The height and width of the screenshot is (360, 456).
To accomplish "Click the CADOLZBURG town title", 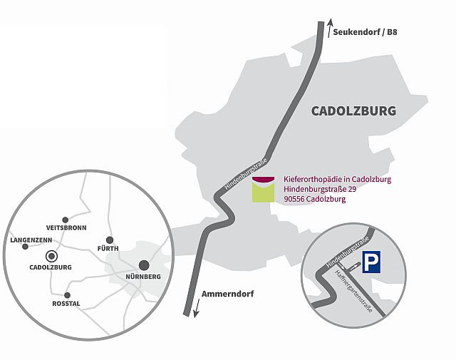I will click(x=353, y=110).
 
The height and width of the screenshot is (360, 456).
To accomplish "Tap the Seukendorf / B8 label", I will click(x=369, y=32).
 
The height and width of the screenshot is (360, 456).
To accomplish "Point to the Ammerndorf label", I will click(x=227, y=294).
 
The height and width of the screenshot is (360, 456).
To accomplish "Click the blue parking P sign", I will click(x=372, y=263).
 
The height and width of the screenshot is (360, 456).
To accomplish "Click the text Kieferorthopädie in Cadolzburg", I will click(x=337, y=179).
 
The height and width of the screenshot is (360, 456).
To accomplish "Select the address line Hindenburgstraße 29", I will click(x=321, y=189).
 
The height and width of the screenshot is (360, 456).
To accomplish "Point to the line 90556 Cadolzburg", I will click(x=314, y=199).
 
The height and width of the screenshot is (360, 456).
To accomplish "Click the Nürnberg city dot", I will click(x=144, y=264).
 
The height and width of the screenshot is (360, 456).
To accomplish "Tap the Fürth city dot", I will click(x=110, y=240).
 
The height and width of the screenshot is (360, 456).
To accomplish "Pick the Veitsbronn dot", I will click(x=66, y=220).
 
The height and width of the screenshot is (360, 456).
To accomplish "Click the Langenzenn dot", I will click(x=26, y=247).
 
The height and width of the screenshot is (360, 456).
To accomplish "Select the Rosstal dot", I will click(x=67, y=294).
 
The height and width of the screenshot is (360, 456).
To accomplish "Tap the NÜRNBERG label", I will click(x=143, y=277).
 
